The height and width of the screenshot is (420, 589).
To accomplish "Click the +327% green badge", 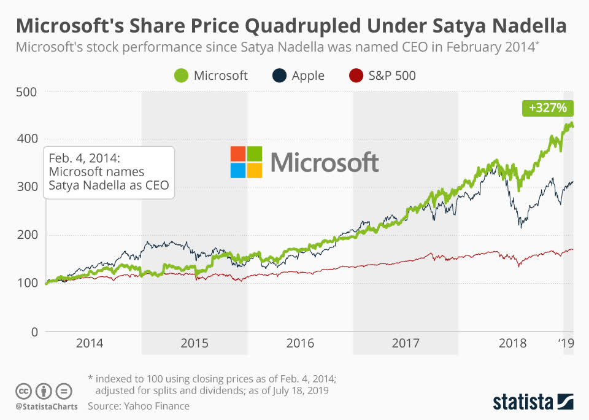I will (548, 108).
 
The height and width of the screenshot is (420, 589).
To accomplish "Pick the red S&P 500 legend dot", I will (355, 76).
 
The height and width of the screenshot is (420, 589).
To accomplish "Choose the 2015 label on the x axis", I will (194, 343).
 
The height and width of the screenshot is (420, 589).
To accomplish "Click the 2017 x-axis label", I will (405, 343).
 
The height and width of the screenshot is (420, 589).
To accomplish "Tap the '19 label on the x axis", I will (566, 343).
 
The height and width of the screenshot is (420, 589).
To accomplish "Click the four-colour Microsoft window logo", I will (246, 162).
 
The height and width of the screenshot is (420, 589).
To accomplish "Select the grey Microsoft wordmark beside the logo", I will (325, 163).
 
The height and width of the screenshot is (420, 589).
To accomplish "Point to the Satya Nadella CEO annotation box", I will (109, 173).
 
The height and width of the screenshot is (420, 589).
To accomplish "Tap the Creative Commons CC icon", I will (24, 391).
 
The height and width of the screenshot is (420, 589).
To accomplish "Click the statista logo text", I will (523, 402).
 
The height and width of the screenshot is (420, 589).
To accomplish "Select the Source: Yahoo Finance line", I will (138, 406).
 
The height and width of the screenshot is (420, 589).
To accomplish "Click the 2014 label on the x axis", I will (90, 343).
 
